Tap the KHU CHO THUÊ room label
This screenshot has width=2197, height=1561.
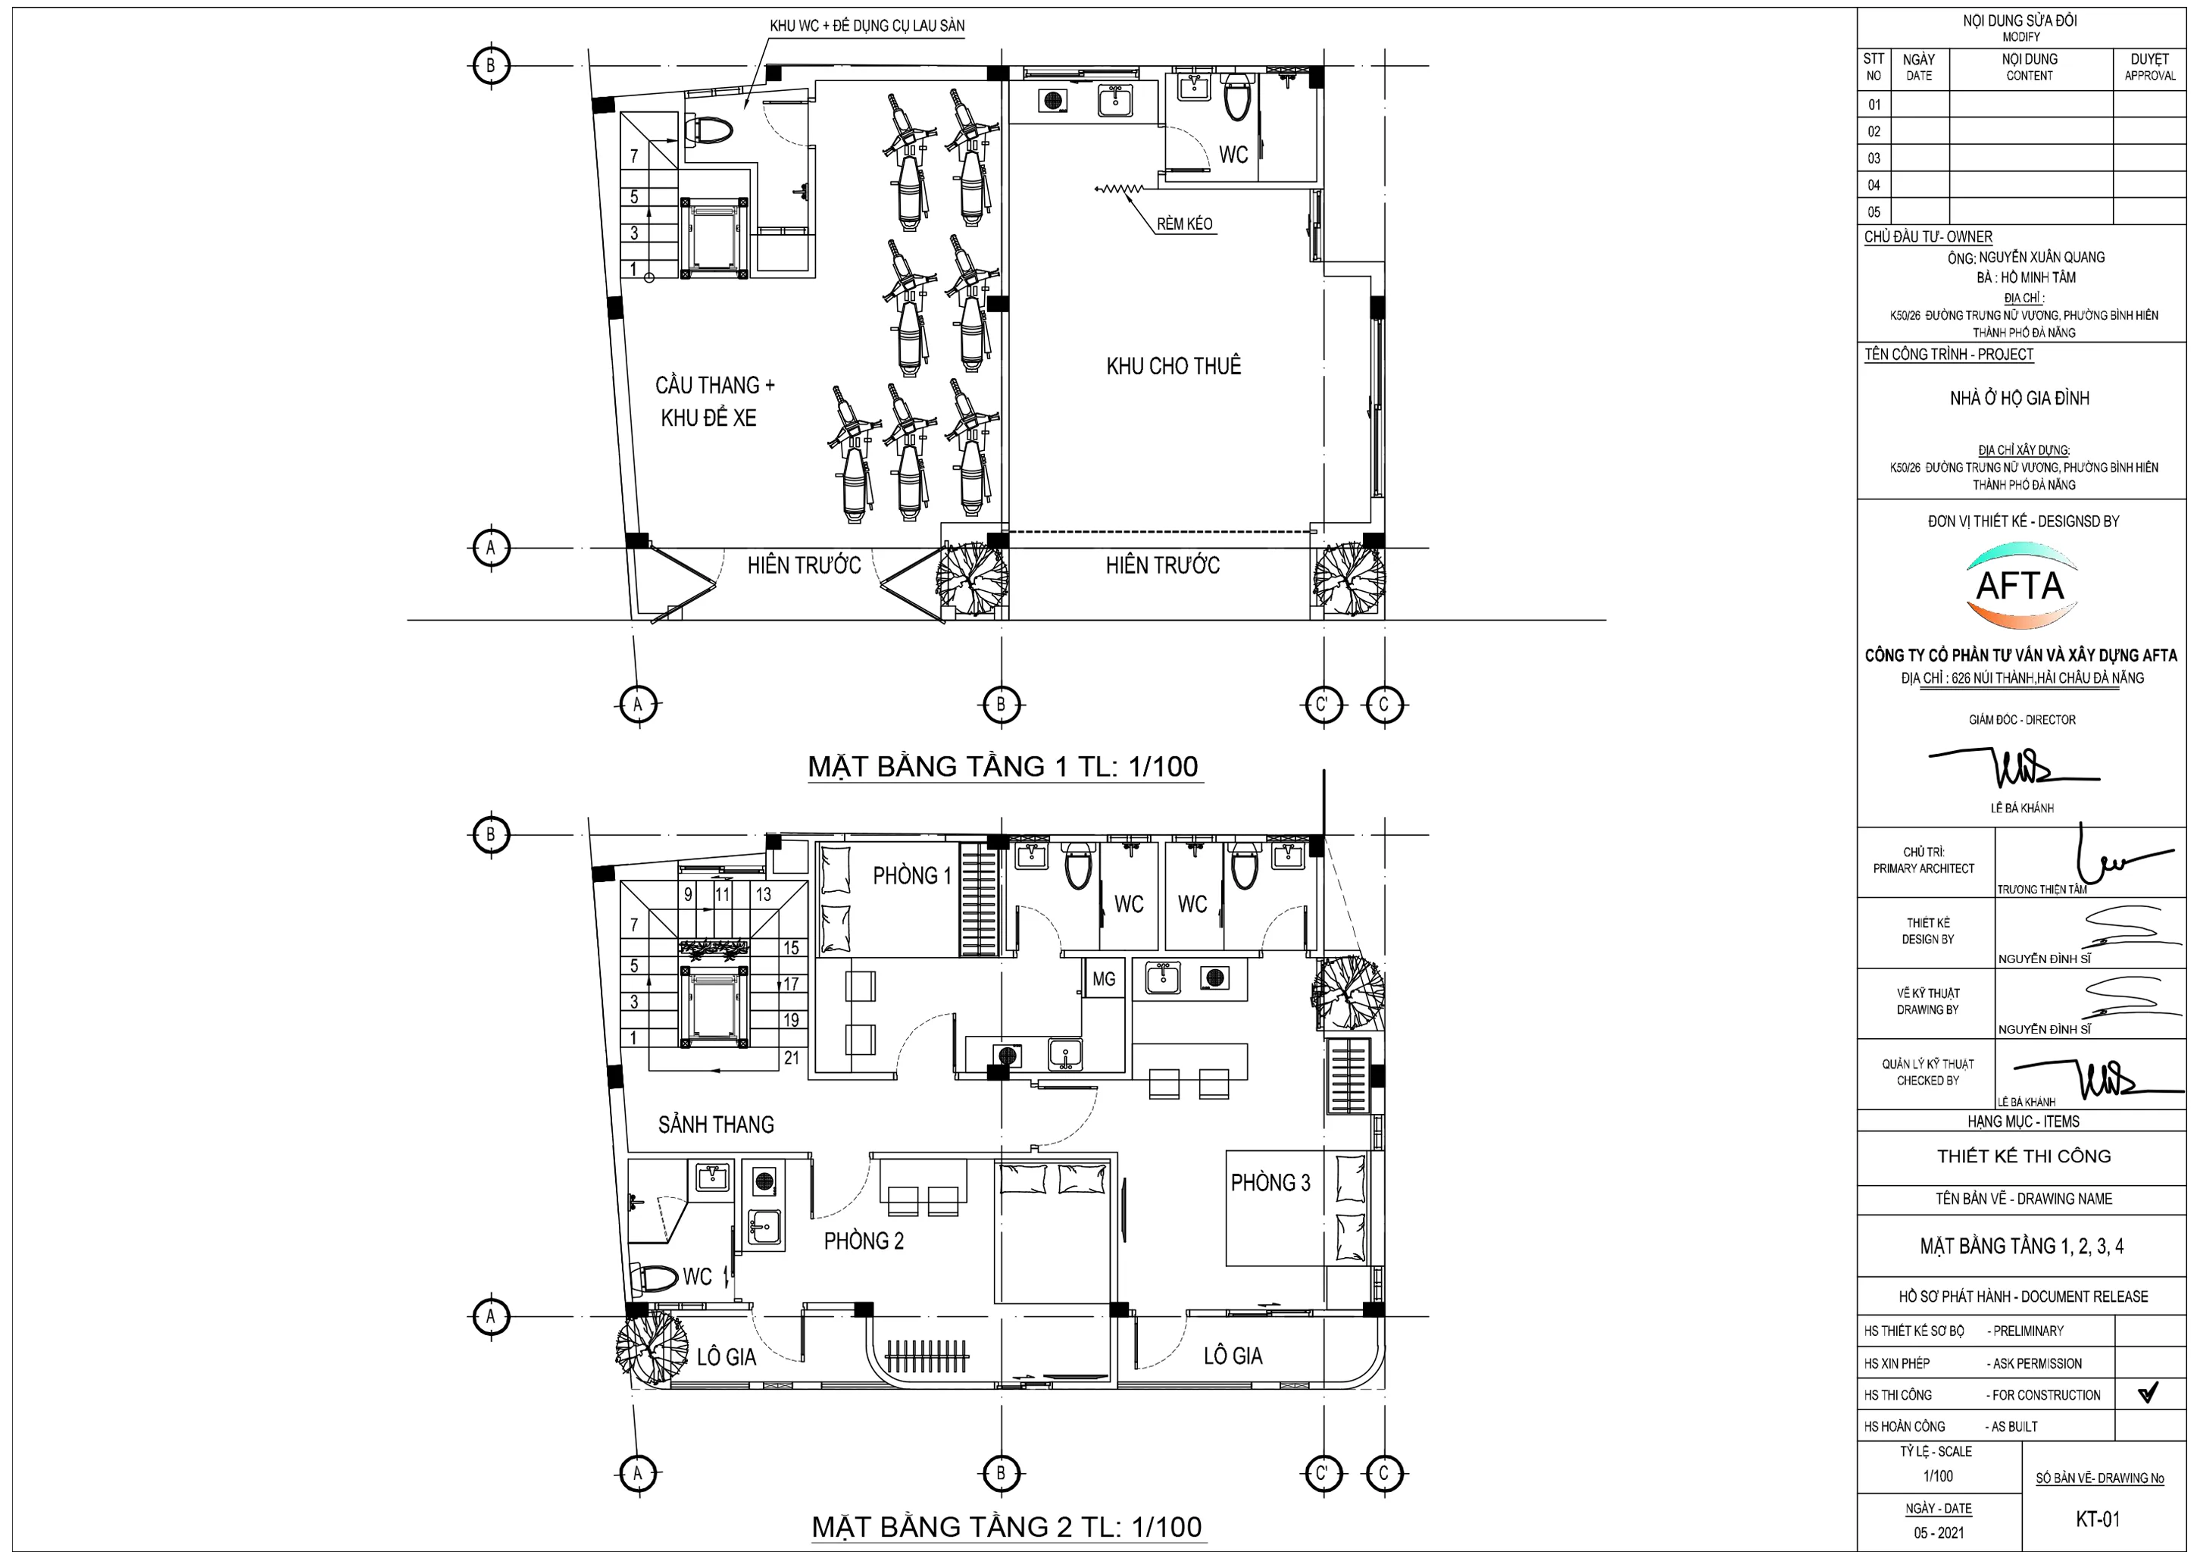1174,366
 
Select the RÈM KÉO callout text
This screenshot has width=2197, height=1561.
1184,224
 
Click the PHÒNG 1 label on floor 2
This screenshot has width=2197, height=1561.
912,876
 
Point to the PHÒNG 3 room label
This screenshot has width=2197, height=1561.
1270,1182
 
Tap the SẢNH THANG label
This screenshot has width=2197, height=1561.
716,1125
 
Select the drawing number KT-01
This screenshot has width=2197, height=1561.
2097,1519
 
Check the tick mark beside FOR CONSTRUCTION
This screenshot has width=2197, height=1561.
2148,1392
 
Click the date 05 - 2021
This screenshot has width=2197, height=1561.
1939,1533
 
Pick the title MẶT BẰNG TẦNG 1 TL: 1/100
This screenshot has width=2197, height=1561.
1002,766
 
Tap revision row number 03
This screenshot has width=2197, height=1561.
1874,158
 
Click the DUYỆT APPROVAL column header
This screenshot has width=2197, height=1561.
2150,67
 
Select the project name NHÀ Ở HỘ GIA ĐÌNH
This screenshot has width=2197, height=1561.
2020,398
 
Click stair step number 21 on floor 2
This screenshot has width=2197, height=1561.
792,1059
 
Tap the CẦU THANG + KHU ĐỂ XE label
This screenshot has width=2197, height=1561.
714,402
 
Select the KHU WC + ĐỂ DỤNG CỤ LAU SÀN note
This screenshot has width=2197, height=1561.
867,26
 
